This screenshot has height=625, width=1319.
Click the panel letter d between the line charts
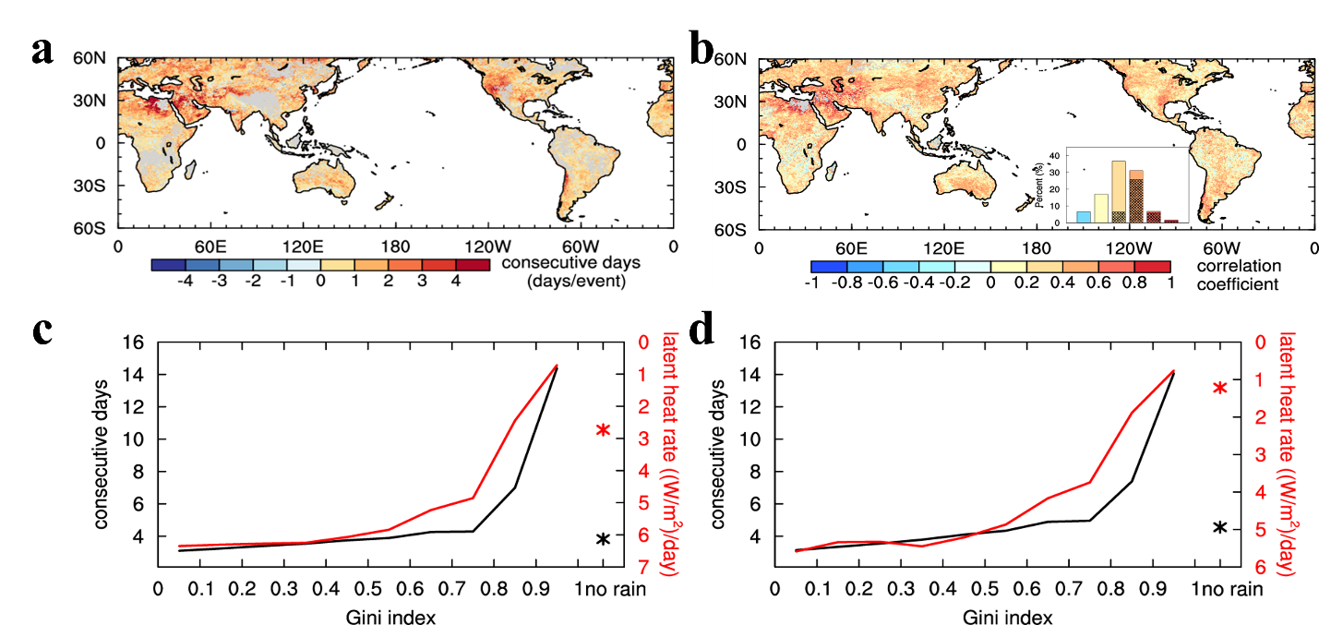(x=702, y=333)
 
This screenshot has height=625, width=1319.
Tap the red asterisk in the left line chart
(x=603, y=429)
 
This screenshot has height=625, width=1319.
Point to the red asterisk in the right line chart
(x=1219, y=388)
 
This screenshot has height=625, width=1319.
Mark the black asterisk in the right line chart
(x=1219, y=527)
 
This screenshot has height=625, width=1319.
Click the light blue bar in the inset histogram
(x=1083, y=217)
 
